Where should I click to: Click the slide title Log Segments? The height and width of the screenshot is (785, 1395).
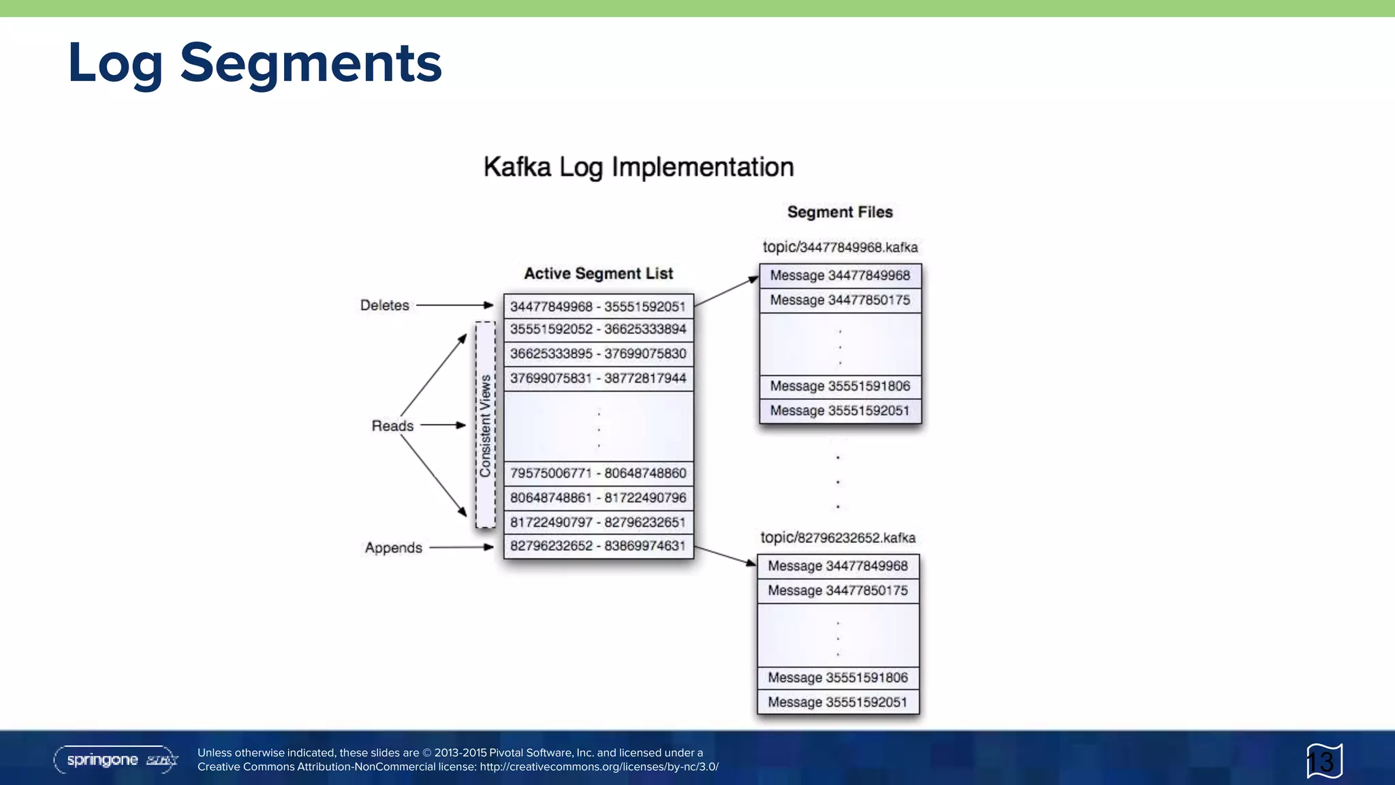pos(255,63)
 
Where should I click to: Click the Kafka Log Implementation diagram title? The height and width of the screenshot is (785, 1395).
pos(638,167)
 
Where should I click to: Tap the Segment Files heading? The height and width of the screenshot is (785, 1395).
pos(839,212)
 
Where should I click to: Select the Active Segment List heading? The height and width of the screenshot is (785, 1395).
pos(598,273)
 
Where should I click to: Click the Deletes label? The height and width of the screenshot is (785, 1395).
pos(384,305)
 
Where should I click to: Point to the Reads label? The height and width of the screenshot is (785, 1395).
pos(392,426)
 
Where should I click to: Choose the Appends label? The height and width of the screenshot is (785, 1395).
pos(393,548)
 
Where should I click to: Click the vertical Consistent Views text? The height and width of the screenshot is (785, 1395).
pos(485,425)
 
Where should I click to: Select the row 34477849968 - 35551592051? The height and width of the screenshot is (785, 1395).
pos(598,307)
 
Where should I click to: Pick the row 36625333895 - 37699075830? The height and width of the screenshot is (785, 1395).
pos(598,354)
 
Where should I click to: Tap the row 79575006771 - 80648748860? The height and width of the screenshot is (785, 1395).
pos(598,473)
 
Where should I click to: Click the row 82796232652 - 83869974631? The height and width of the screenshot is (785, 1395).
pos(598,546)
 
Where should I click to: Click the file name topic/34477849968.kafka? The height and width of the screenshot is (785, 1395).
pos(840,247)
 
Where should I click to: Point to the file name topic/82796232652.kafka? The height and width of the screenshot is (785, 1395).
pos(838,538)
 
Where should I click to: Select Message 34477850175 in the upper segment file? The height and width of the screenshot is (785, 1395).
pos(840,300)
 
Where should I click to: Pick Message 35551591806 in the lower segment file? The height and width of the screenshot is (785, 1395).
pos(838,677)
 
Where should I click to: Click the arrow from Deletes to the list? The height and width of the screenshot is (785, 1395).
pos(454,305)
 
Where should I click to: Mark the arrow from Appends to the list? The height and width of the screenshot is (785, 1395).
pos(461,547)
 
